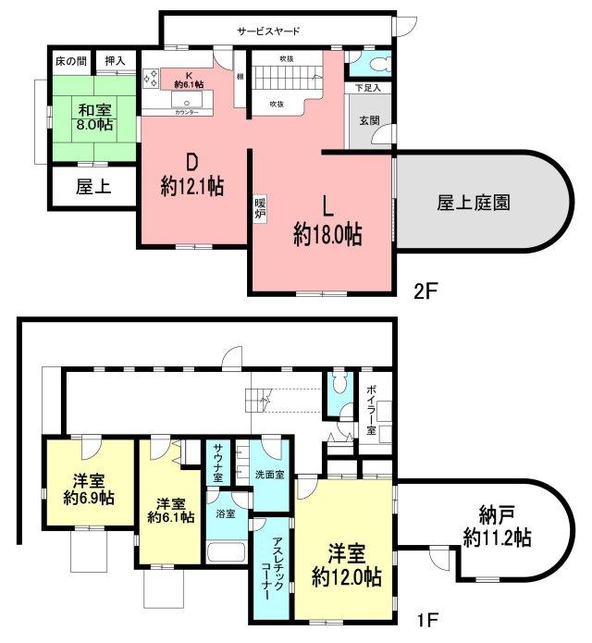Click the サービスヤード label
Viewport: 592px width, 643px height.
click(x=268, y=31)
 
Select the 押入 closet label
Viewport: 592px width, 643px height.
click(x=117, y=61)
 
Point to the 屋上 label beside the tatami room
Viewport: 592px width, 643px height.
click(x=92, y=187)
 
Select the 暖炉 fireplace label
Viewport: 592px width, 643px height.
click(x=262, y=208)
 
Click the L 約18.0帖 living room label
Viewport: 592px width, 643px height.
click(x=327, y=222)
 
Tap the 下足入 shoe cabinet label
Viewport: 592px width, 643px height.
click(x=368, y=88)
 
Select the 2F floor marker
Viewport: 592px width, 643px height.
click(x=424, y=289)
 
